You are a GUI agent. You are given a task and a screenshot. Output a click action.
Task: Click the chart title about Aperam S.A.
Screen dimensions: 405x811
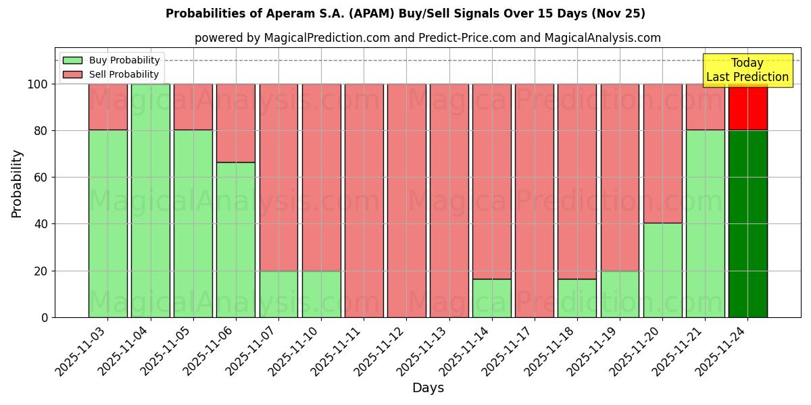(x=405, y=13)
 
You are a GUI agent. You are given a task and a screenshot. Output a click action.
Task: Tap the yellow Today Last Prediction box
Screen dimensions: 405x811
(x=747, y=70)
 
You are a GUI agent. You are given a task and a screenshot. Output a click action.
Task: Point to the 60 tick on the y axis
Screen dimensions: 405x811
(x=41, y=178)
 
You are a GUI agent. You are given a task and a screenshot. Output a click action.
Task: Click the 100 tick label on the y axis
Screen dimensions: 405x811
(x=38, y=84)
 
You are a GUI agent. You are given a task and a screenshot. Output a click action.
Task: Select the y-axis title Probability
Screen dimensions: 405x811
(x=17, y=184)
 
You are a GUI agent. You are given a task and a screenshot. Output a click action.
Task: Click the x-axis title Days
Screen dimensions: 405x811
(x=428, y=388)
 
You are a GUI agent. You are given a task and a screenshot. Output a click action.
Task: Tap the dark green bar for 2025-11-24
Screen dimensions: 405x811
(x=747, y=223)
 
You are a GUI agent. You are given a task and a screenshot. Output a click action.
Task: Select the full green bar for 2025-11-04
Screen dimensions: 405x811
(x=151, y=200)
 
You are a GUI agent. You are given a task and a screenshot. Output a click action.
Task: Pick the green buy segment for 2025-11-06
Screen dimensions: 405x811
(x=236, y=240)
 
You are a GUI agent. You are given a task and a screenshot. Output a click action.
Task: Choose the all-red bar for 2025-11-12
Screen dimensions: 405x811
(x=406, y=200)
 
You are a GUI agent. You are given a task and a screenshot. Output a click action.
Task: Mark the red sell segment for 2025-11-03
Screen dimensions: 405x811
(x=108, y=107)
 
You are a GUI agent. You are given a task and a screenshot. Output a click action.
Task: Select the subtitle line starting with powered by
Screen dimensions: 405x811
(x=428, y=38)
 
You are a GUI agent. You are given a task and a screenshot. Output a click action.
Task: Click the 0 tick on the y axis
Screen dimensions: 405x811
(x=45, y=317)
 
